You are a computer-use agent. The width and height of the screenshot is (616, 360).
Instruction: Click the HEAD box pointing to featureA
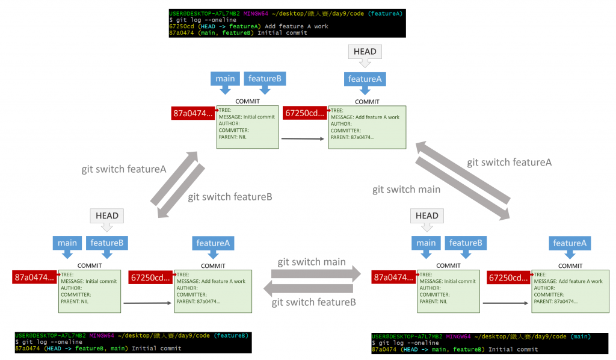pyautogui.click(x=365, y=52)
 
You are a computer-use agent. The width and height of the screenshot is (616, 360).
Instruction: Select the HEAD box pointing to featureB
pyautogui.click(x=106, y=216)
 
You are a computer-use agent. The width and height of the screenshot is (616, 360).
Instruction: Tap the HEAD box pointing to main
pyautogui.click(x=427, y=216)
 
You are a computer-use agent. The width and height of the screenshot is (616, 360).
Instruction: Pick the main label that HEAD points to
pyautogui.click(x=426, y=243)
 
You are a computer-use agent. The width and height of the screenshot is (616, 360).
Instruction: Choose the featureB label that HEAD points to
pyautogui.click(x=107, y=243)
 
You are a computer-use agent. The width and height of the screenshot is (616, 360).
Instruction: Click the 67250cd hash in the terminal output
pyautogui.click(x=182, y=26)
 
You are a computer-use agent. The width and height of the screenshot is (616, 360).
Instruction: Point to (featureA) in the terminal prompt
pyautogui.click(x=386, y=13)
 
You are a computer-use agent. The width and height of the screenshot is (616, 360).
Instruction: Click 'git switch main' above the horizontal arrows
pyautogui.click(x=312, y=262)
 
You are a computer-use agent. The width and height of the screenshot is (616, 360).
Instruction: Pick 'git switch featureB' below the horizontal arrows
pyautogui.click(x=313, y=303)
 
